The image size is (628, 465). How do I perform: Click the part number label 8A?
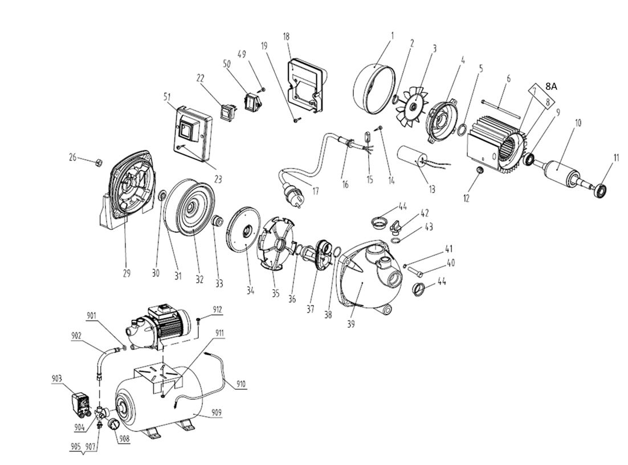coord(551,86)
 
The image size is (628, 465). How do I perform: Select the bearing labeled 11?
coord(602,190)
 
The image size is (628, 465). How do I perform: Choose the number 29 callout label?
coord(127,273)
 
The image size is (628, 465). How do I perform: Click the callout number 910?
coord(241,384)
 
